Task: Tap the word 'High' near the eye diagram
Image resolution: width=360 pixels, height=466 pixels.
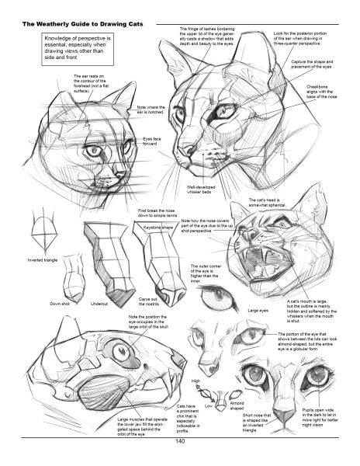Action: [196, 381]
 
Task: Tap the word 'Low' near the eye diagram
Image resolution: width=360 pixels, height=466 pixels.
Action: [209, 405]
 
